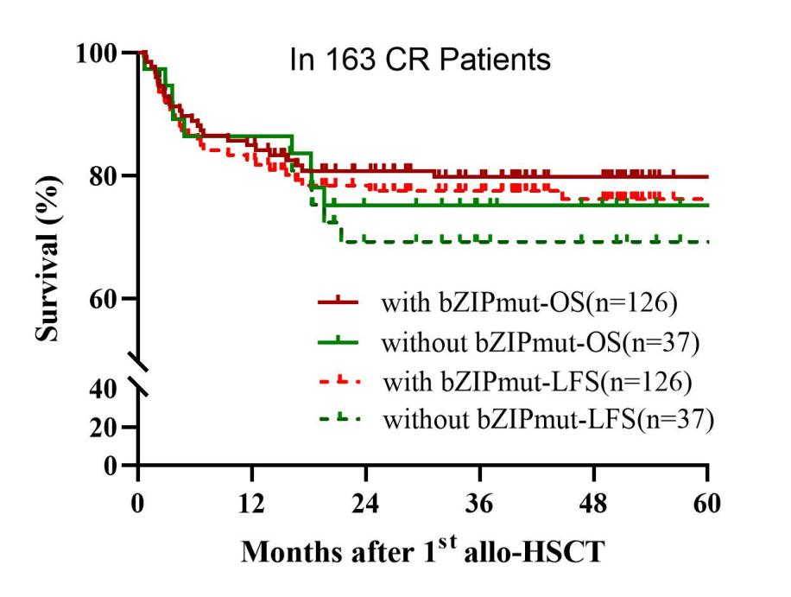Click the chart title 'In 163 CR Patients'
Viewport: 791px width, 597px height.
click(x=420, y=61)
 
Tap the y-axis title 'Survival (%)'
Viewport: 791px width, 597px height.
click(x=49, y=250)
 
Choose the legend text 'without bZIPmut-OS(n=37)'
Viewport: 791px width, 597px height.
click(x=539, y=343)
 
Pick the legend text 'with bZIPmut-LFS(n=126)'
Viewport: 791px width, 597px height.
click(x=533, y=381)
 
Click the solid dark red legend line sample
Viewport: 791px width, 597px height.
click(x=339, y=302)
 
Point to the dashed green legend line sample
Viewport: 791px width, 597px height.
click(x=339, y=418)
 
